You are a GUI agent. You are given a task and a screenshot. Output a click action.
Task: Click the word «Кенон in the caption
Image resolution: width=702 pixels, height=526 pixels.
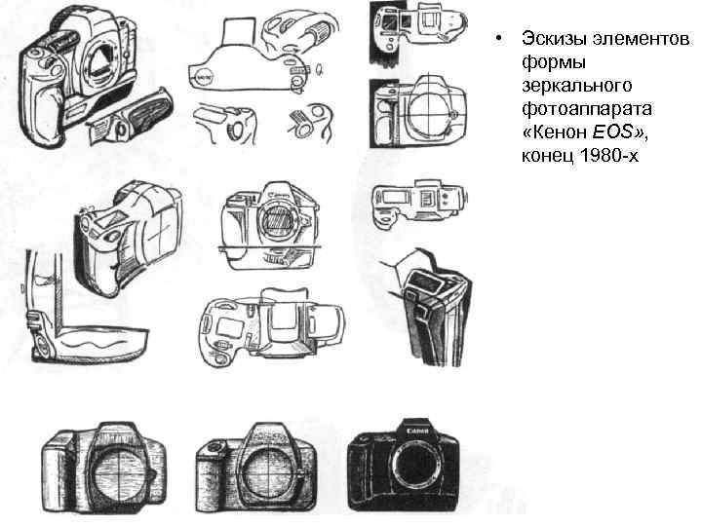point(554,137)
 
